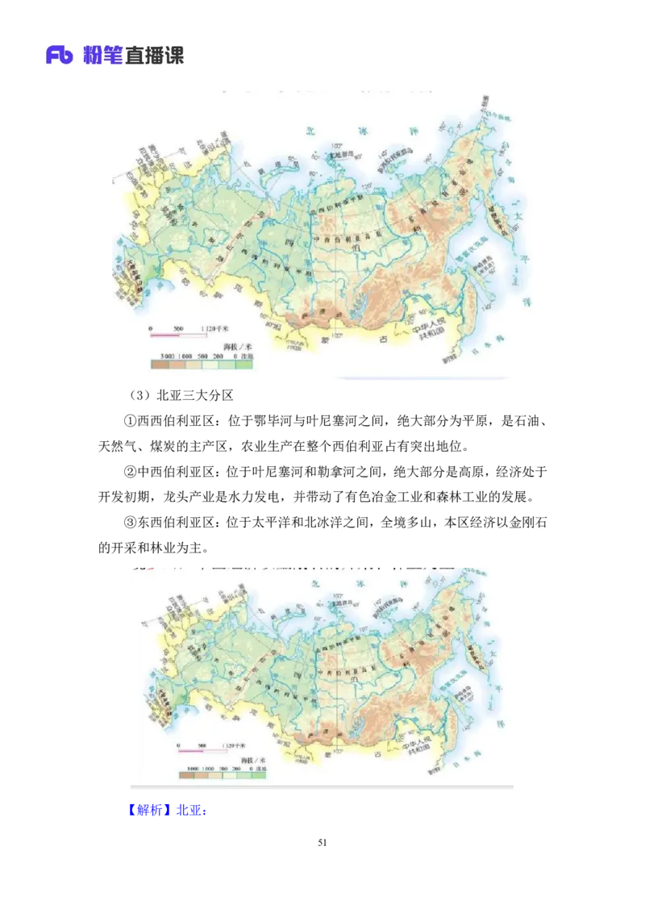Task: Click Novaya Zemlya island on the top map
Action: pos(272,171)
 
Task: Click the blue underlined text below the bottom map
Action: pos(168,809)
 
